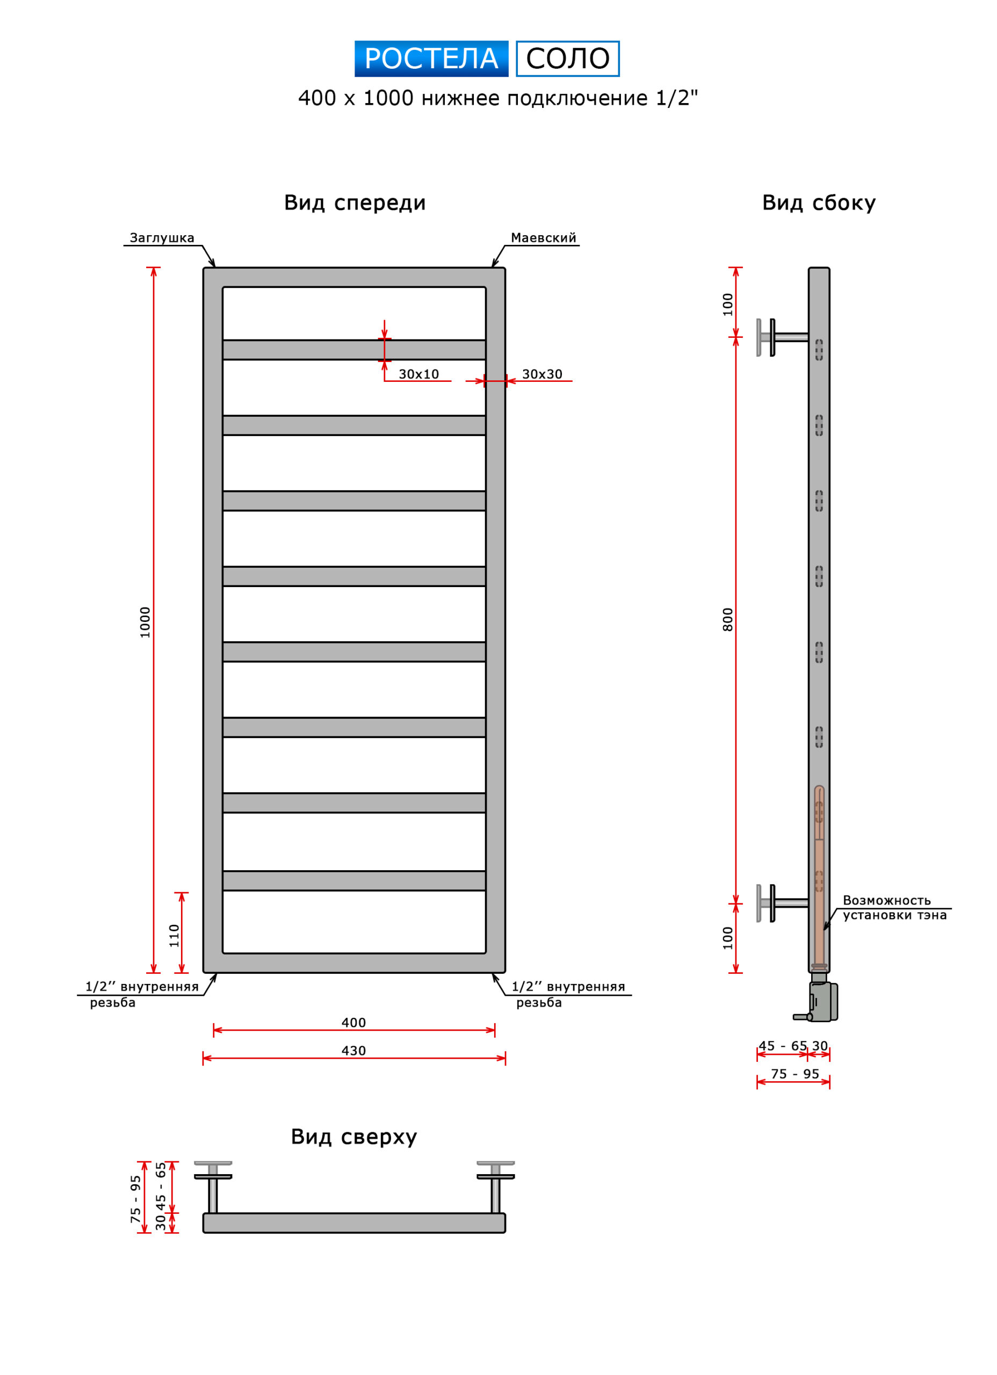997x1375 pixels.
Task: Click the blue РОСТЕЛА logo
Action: tap(431, 59)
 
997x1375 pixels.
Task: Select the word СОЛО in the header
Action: tap(568, 59)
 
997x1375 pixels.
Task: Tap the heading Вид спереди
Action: tap(355, 203)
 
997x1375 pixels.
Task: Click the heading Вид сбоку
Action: tap(819, 203)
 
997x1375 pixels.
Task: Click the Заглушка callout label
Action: tap(162, 237)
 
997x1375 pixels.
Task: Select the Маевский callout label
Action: tap(544, 237)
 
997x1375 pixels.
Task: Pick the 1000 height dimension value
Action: tap(145, 622)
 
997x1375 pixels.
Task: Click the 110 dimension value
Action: tap(174, 936)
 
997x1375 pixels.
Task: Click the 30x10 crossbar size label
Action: tap(418, 374)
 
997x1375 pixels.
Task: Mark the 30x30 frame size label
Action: tap(542, 374)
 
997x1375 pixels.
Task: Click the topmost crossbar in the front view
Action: tap(354, 350)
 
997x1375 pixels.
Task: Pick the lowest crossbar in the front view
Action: tap(354, 881)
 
